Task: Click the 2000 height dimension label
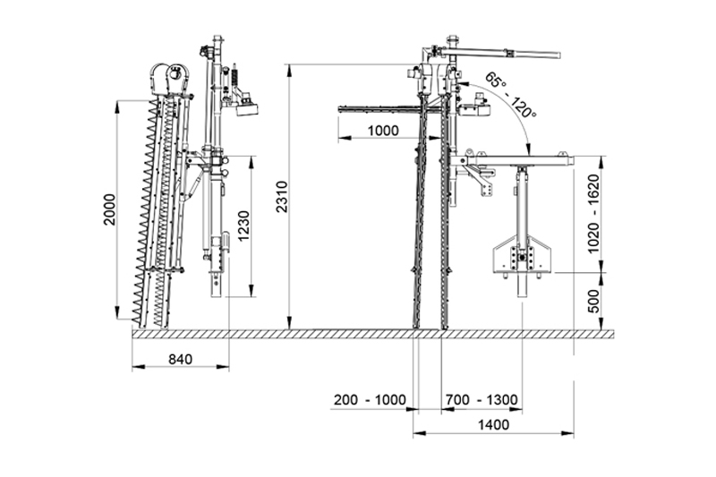(x=110, y=209)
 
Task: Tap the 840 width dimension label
(x=181, y=360)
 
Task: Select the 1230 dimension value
(x=243, y=226)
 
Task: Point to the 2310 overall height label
(x=282, y=197)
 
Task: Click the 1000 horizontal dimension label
(x=383, y=131)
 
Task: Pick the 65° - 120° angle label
(x=510, y=95)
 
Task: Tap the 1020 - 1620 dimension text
(x=592, y=214)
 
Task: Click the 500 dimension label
(x=592, y=301)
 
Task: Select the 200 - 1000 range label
(x=370, y=400)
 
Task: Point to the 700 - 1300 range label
(x=482, y=400)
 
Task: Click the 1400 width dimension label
(x=493, y=425)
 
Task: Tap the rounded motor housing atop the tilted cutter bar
(x=169, y=79)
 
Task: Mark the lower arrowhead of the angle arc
(x=528, y=149)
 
